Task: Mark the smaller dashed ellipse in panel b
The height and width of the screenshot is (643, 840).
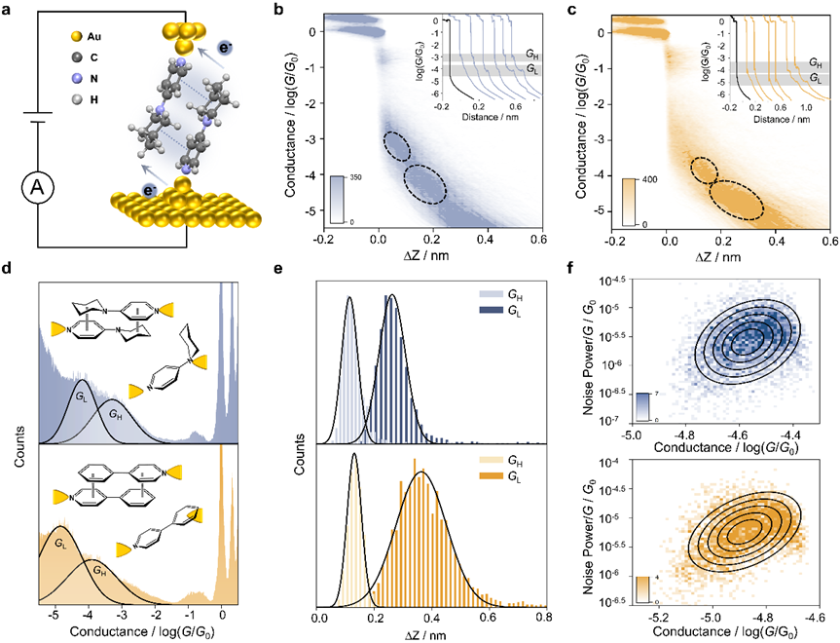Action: [396, 144]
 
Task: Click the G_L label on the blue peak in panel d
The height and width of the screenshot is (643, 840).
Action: [82, 397]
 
